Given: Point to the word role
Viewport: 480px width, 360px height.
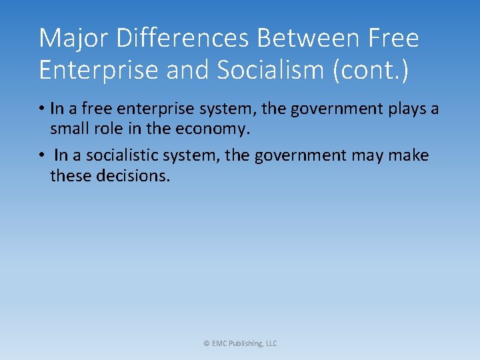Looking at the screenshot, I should pyautogui.click(x=111, y=129).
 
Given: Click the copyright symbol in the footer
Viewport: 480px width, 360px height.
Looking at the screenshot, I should pyautogui.click(x=206, y=343).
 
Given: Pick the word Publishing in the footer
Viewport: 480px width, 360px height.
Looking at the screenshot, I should pyautogui.click(x=245, y=343).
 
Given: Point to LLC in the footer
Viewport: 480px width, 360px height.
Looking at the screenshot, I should pyautogui.click(x=271, y=343).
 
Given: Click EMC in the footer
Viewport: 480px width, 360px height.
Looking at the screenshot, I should pyautogui.click(x=219, y=343).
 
